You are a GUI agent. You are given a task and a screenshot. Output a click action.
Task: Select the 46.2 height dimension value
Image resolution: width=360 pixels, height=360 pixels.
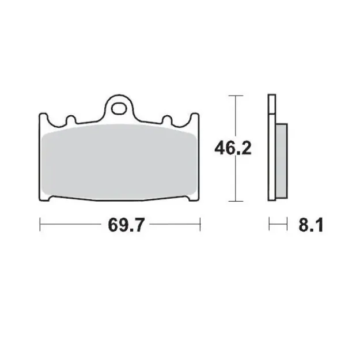[x=233, y=149]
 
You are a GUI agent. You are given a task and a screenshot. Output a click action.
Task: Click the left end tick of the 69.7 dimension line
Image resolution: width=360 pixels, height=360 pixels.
[x=39, y=223]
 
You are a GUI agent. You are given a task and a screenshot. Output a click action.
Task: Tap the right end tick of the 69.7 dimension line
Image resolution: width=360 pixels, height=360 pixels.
[x=200, y=223]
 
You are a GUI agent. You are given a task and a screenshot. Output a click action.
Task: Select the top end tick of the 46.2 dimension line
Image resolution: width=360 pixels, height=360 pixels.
[x=233, y=95]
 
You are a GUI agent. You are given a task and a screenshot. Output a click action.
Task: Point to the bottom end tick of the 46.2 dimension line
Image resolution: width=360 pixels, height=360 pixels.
[x=233, y=201]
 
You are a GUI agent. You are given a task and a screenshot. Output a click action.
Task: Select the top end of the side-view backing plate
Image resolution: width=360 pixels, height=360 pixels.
[x=271, y=96]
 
